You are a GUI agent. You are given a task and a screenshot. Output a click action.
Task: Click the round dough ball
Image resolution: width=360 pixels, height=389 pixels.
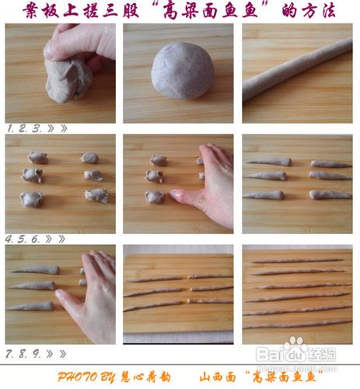point(182,72)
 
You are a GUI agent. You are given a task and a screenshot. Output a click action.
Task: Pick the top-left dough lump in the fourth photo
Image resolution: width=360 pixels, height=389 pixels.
point(37,158)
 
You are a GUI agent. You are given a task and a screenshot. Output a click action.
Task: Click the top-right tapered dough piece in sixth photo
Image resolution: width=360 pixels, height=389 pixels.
point(330,164)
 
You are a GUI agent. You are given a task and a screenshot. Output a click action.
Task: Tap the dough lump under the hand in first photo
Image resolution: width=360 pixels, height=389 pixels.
point(67,78)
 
